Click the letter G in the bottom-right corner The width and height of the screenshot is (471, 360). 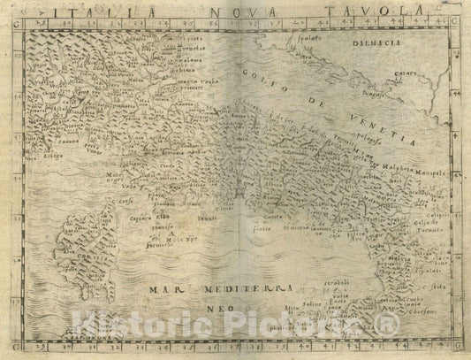[456, 344]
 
